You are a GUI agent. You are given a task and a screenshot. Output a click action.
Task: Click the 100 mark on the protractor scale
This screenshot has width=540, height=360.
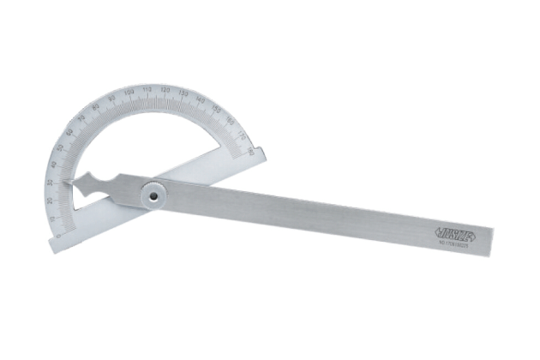(129, 92)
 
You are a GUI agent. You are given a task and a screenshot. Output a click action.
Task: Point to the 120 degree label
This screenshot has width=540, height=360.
(165, 90)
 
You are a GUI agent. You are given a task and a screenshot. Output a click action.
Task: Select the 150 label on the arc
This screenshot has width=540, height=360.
(215, 109)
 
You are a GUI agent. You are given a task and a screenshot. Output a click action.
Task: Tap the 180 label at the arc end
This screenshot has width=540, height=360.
(249, 152)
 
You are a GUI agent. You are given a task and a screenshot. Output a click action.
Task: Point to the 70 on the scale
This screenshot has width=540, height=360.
(81, 117)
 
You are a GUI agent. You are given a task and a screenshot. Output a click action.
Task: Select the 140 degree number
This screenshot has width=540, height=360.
(200, 100)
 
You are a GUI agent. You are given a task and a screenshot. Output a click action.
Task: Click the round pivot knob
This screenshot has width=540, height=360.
(153, 195)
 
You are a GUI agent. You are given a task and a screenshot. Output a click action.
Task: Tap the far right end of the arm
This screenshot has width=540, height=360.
(490, 243)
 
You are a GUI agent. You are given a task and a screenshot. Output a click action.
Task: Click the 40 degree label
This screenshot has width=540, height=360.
(54, 165)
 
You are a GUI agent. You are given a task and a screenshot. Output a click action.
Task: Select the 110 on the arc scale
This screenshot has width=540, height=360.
(147, 89)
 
